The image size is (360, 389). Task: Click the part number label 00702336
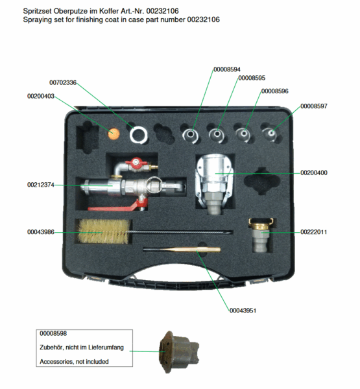[x=63, y=82]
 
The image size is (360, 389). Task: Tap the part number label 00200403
[x=41, y=96]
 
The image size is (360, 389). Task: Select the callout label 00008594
[x=227, y=69]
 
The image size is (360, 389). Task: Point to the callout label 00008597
[x=314, y=106]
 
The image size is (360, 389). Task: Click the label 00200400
[x=314, y=172]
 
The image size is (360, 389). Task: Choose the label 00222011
[x=313, y=232]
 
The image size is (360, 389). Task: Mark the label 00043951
[x=243, y=311]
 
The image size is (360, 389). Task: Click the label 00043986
[x=41, y=232]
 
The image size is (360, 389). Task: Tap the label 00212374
[x=41, y=185]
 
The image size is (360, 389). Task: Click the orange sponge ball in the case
[x=114, y=134]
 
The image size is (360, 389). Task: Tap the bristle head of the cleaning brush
[x=104, y=231]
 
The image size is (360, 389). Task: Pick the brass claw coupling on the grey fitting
[x=261, y=224]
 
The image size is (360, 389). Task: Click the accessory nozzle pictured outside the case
[x=179, y=351]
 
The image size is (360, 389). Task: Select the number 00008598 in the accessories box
[x=53, y=333]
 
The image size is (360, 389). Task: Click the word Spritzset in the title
[x=37, y=12]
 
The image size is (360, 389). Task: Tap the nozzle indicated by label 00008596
[x=243, y=135]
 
